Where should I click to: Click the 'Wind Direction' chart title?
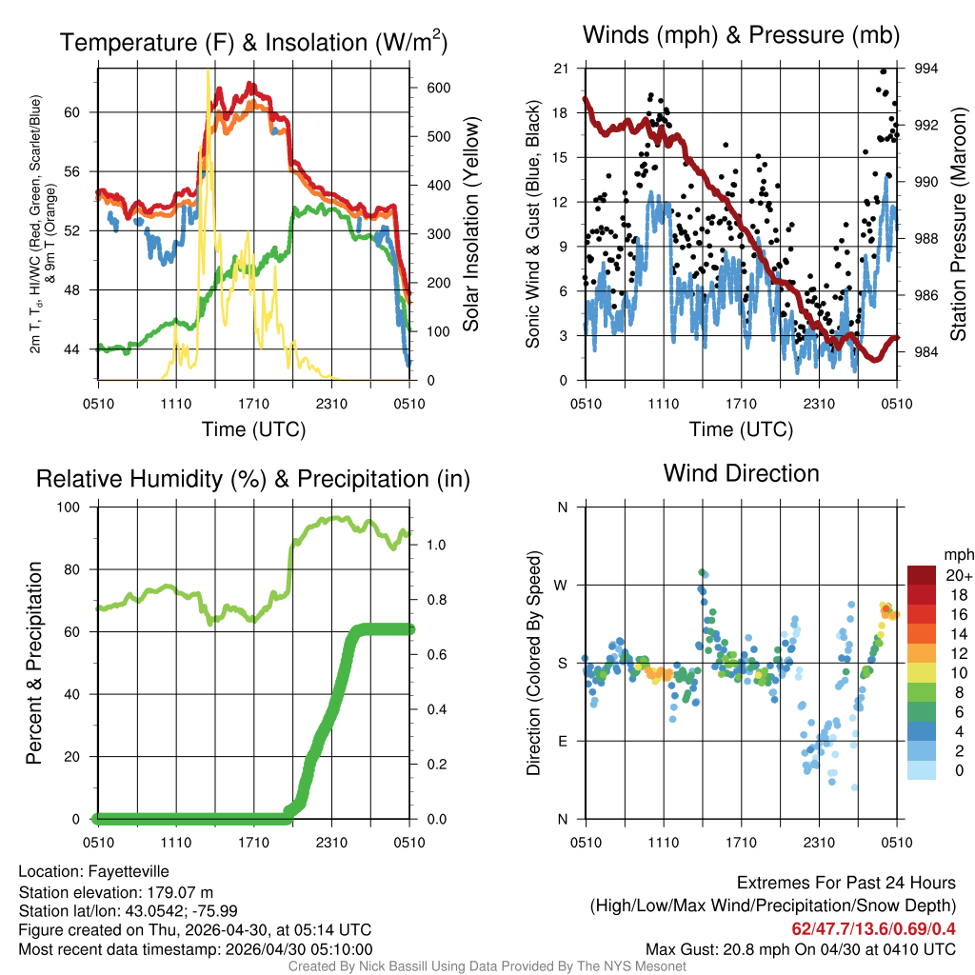(741, 473)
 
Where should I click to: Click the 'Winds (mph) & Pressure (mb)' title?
(741, 36)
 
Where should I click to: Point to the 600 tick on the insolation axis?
(438, 88)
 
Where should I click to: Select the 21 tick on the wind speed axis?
(560, 69)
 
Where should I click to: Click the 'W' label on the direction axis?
(562, 585)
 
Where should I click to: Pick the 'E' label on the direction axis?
(562, 741)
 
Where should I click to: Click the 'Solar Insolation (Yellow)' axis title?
(471, 225)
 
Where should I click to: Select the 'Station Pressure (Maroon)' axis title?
(960, 225)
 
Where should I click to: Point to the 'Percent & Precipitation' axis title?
(33, 663)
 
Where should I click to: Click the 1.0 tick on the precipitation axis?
(436, 546)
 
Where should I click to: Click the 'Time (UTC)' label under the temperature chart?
(253, 429)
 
